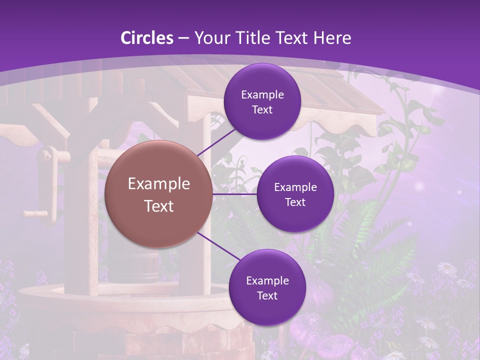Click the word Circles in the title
(147, 38)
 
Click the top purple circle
(262, 101)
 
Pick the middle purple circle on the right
(295, 194)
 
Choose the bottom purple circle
(267, 287)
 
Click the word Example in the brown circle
(159, 183)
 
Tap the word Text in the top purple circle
(262, 109)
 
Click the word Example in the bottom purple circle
(267, 280)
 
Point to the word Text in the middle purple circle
(295, 202)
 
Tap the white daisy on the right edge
(446, 269)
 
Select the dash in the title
(183, 38)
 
